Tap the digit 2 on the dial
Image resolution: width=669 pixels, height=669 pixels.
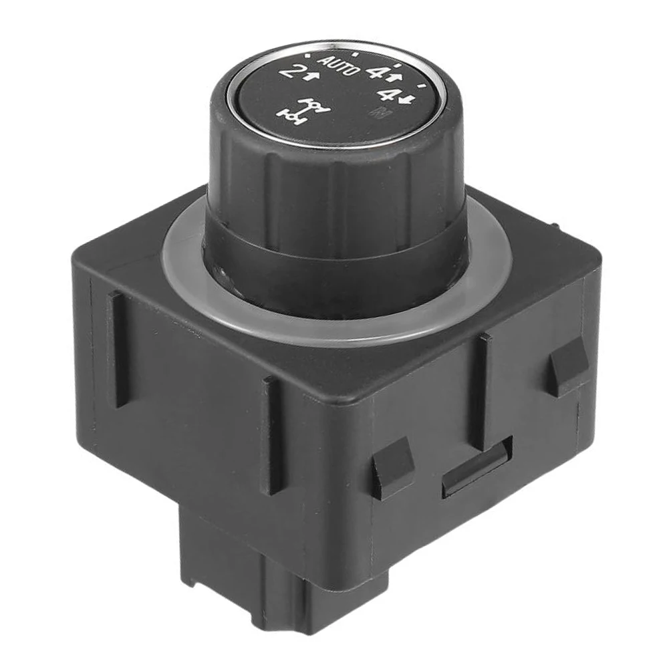pyautogui.click(x=291, y=72)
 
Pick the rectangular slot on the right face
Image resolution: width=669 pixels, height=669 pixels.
pyautogui.click(x=477, y=467)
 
